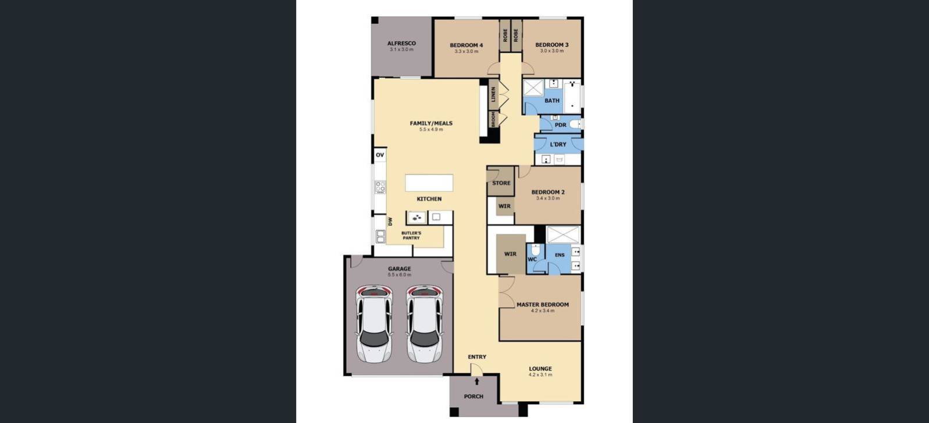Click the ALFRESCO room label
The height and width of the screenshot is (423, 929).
(401, 43)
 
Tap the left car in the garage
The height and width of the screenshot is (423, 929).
(374, 324)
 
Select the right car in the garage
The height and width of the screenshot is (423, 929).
(424, 324)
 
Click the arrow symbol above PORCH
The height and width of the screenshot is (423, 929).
(477, 382)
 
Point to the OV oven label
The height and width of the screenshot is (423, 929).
(380, 155)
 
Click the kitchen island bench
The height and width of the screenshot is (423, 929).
(429, 183)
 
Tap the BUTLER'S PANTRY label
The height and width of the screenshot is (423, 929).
(411, 235)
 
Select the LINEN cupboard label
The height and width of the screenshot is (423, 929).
(493, 94)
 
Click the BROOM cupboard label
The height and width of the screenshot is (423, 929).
(493, 119)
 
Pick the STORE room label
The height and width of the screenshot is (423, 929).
(501, 183)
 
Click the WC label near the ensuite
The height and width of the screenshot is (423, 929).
(532, 260)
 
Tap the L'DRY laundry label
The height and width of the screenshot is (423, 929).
(558, 144)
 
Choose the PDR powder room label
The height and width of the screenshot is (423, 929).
(560, 125)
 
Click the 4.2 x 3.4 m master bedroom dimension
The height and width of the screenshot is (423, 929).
(542, 311)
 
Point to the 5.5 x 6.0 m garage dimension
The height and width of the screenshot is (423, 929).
(400, 275)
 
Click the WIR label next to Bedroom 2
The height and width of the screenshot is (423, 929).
(504, 206)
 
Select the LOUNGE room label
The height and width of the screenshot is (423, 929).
(540, 368)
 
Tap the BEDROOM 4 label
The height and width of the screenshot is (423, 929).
(466, 45)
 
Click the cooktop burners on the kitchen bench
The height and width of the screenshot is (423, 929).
(380, 187)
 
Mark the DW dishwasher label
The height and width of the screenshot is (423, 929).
(390, 222)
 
